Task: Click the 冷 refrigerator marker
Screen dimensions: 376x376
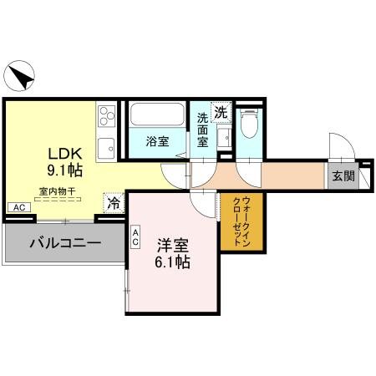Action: pos(112,203)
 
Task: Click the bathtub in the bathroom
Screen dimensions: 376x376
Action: pos(157,114)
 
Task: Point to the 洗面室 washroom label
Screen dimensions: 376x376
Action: pos(203,130)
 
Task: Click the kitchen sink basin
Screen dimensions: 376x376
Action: pos(106,149)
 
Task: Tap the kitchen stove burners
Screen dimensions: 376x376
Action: pos(106,115)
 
